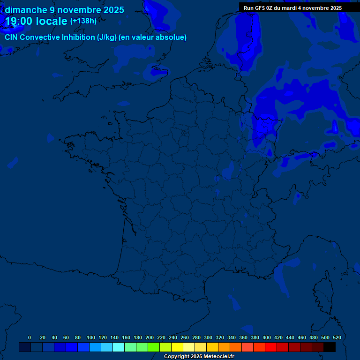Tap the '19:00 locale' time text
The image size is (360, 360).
(36, 21)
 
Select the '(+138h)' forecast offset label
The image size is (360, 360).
(83, 21)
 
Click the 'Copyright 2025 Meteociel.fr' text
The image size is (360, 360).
(199, 357)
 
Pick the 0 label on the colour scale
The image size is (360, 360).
(30, 337)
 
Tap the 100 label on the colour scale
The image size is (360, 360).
(90, 337)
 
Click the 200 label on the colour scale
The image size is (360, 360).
(149, 337)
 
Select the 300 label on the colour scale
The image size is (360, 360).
(208, 337)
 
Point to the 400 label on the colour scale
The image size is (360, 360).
(266, 337)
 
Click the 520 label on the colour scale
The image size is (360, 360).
(337, 337)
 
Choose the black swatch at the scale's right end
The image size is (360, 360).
(330, 347)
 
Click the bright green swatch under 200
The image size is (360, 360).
(154, 347)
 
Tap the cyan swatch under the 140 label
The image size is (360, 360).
(119, 347)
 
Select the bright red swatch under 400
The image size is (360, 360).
(271, 347)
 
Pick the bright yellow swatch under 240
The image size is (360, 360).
(177, 347)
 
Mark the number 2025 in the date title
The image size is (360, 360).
(113, 10)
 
